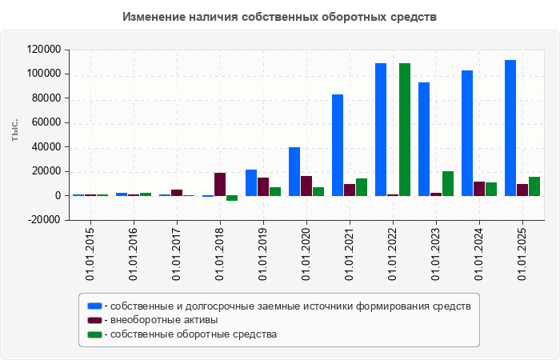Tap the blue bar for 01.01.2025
tap(510, 128)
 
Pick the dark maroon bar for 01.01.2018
tap(220, 185)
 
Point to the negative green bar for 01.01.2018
tap(232, 198)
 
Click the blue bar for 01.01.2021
tap(338, 145)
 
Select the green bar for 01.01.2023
tap(448, 184)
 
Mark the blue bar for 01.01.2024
tap(467, 133)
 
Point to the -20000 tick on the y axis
tap(44, 220)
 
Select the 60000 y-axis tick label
tap(46, 122)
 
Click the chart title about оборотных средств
tap(280, 17)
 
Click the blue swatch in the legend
tap(94, 306)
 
